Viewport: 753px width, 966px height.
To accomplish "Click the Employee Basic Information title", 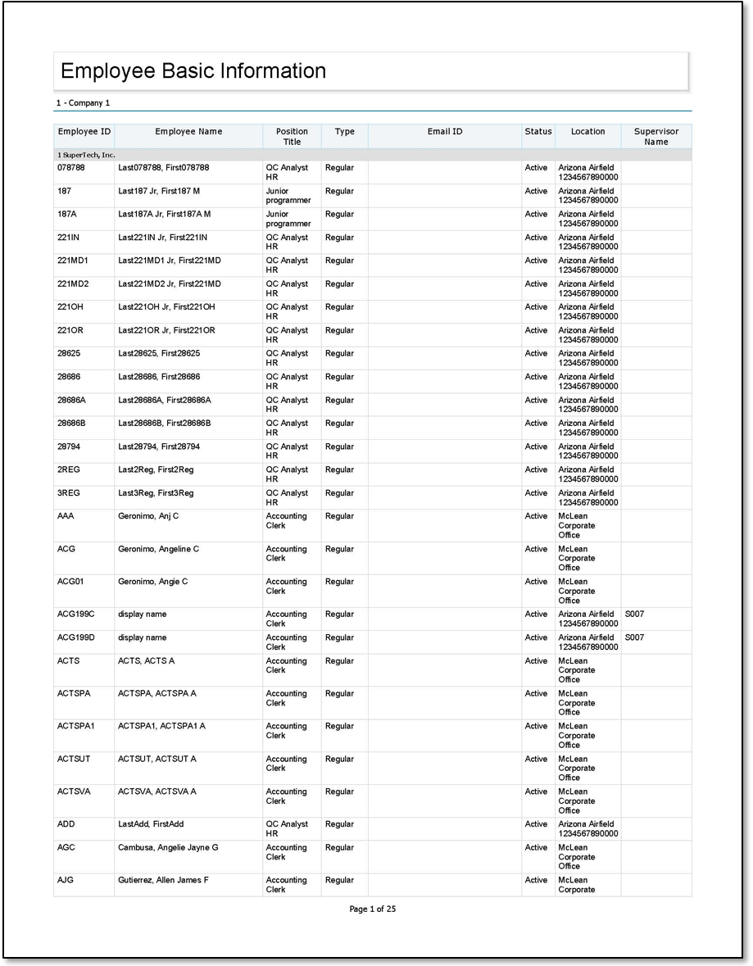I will (193, 71).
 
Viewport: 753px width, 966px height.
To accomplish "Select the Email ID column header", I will (444, 132).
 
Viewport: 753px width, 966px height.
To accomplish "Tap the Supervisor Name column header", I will (655, 137).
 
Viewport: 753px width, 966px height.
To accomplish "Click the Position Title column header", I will (292, 137).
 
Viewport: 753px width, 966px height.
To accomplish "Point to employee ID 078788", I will (70, 168).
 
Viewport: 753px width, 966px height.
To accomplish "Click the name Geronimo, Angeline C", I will (158, 549).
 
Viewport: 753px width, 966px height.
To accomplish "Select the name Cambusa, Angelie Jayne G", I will (168, 847).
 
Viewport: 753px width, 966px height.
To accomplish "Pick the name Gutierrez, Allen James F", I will (163, 880).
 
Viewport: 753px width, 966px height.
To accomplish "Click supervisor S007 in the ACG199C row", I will (634, 614).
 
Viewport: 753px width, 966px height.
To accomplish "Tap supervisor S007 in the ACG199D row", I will (634, 637).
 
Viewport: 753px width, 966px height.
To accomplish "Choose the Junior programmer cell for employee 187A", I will (288, 219).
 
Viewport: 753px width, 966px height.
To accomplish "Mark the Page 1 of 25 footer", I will (373, 909).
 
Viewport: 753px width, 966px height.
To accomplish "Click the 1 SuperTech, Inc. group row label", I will (86, 155).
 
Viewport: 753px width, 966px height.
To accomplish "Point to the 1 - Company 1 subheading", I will (83, 103).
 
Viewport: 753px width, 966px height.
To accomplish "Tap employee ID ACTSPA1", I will (76, 726).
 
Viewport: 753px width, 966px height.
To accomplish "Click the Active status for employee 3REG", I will (536, 493).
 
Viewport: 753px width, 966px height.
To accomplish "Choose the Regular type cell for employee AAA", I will (339, 516).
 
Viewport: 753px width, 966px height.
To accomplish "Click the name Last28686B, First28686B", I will (164, 424).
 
